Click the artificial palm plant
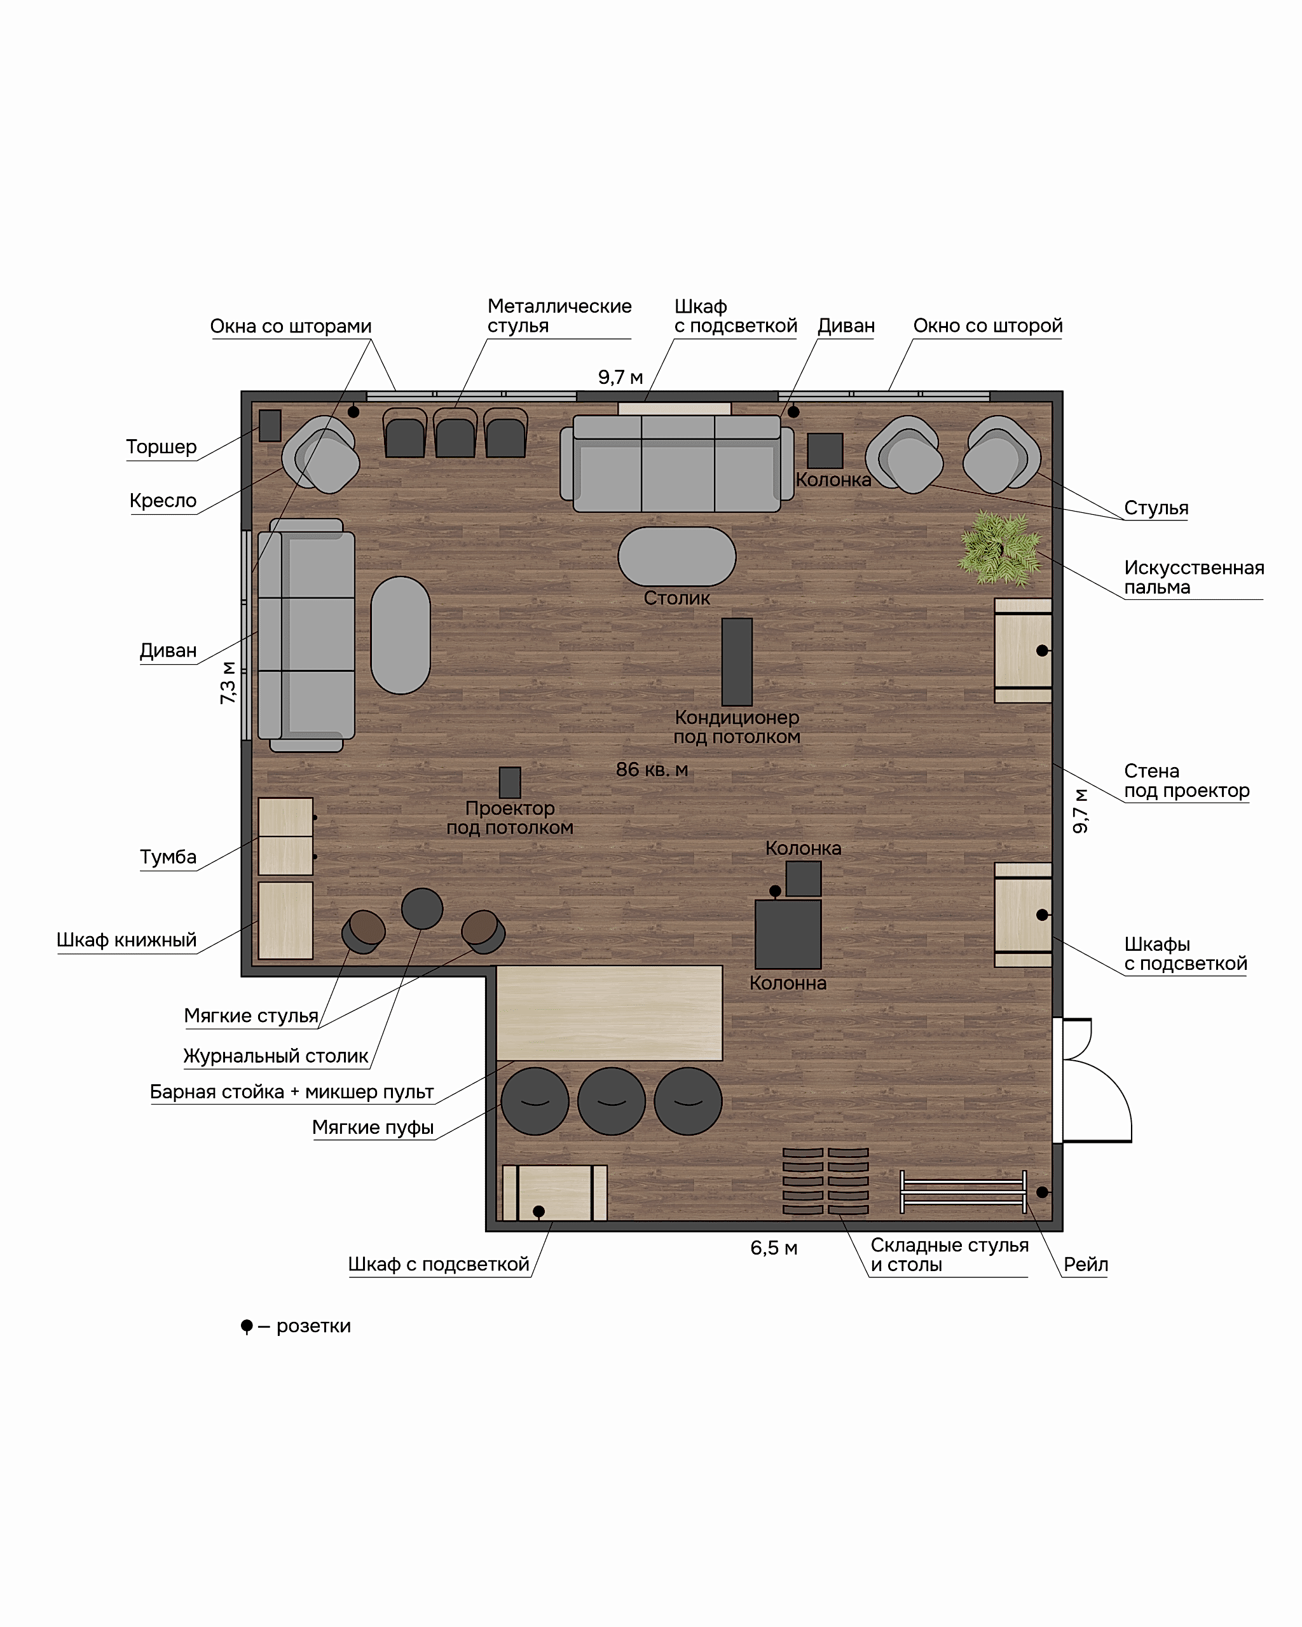[x=1000, y=548]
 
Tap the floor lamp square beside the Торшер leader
[x=270, y=426]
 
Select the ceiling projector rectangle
[x=511, y=782]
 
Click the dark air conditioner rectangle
[x=737, y=662]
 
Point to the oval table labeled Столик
[x=677, y=556]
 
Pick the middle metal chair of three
[x=455, y=433]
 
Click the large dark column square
[x=788, y=934]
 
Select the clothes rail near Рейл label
[x=963, y=1192]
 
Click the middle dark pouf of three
[x=612, y=1101]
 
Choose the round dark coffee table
[x=422, y=909]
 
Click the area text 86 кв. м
[x=652, y=770]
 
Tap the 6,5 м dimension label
[x=774, y=1248]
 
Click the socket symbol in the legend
[x=247, y=1326]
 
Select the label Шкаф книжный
[x=127, y=940]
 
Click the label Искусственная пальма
[x=1194, y=577]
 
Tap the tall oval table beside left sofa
[x=401, y=636]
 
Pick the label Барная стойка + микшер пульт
[x=292, y=1092]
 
